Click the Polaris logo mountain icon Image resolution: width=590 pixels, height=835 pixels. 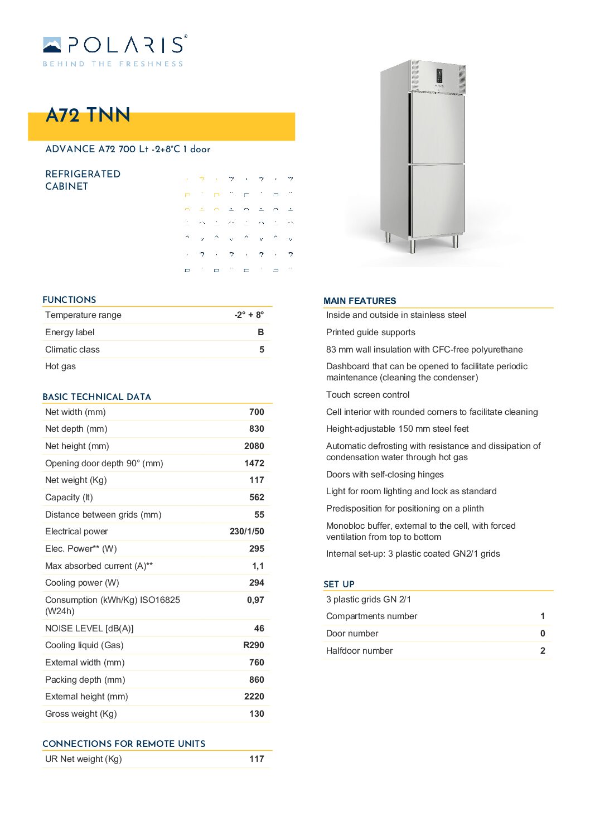[x=52, y=45]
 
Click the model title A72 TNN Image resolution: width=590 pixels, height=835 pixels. [x=88, y=115]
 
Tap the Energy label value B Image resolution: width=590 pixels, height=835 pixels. [x=260, y=332]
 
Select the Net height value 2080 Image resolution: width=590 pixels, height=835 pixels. [x=254, y=446]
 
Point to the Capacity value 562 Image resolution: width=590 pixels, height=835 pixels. [x=257, y=498]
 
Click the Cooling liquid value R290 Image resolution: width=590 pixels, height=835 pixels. [x=253, y=645]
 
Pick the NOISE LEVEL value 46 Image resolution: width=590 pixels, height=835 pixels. [x=259, y=629]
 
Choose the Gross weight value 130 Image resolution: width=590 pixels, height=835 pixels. [x=257, y=714]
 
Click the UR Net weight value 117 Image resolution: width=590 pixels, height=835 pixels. [x=257, y=759]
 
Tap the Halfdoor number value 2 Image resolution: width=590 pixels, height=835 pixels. [x=543, y=651]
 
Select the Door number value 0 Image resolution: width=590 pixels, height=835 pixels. [x=543, y=634]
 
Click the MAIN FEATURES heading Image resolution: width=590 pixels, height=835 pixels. [x=360, y=301]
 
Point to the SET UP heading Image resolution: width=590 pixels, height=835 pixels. [x=339, y=585]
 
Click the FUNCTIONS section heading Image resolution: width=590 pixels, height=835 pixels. [x=69, y=300]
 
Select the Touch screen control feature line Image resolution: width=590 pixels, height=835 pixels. [x=367, y=395]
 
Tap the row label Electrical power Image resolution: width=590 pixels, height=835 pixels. [x=76, y=532]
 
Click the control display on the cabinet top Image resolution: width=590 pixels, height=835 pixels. [x=439, y=78]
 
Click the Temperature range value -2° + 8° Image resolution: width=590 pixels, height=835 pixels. [x=249, y=315]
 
